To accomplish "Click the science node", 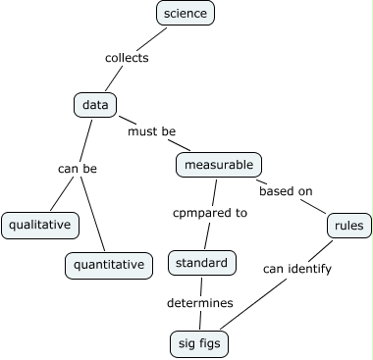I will coord(186,13).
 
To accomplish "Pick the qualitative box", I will coord(39,225).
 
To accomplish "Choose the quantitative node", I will coord(110,264).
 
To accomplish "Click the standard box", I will coord(202,263).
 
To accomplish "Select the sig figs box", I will coord(201,342).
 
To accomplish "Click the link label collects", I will coord(127,58).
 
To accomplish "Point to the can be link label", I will coord(78,168).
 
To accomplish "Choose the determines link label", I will coord(200,302).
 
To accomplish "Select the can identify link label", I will coord(296,267).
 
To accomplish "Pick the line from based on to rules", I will coord(315,208).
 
